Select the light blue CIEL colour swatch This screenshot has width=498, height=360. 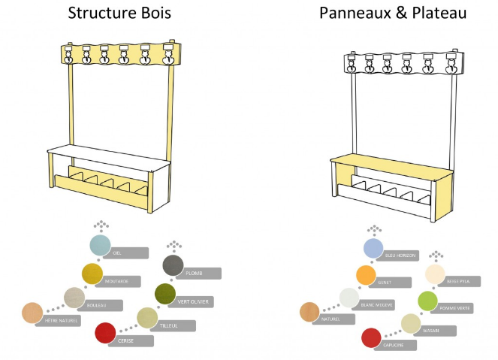pos(101,245)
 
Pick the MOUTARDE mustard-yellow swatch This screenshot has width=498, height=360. pos(92,273)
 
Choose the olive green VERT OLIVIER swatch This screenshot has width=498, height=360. pos(164,293)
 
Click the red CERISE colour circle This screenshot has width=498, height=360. pos(106,331)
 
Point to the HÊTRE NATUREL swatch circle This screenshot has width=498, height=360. pos(32,312)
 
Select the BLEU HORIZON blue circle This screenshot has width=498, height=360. pos(373,248)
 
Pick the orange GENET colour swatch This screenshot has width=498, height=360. pos(366,275)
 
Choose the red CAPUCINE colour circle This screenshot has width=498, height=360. pos(371,338)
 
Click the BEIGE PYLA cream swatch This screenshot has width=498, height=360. pos(436,274)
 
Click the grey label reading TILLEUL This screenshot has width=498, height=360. pos(177,325)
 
